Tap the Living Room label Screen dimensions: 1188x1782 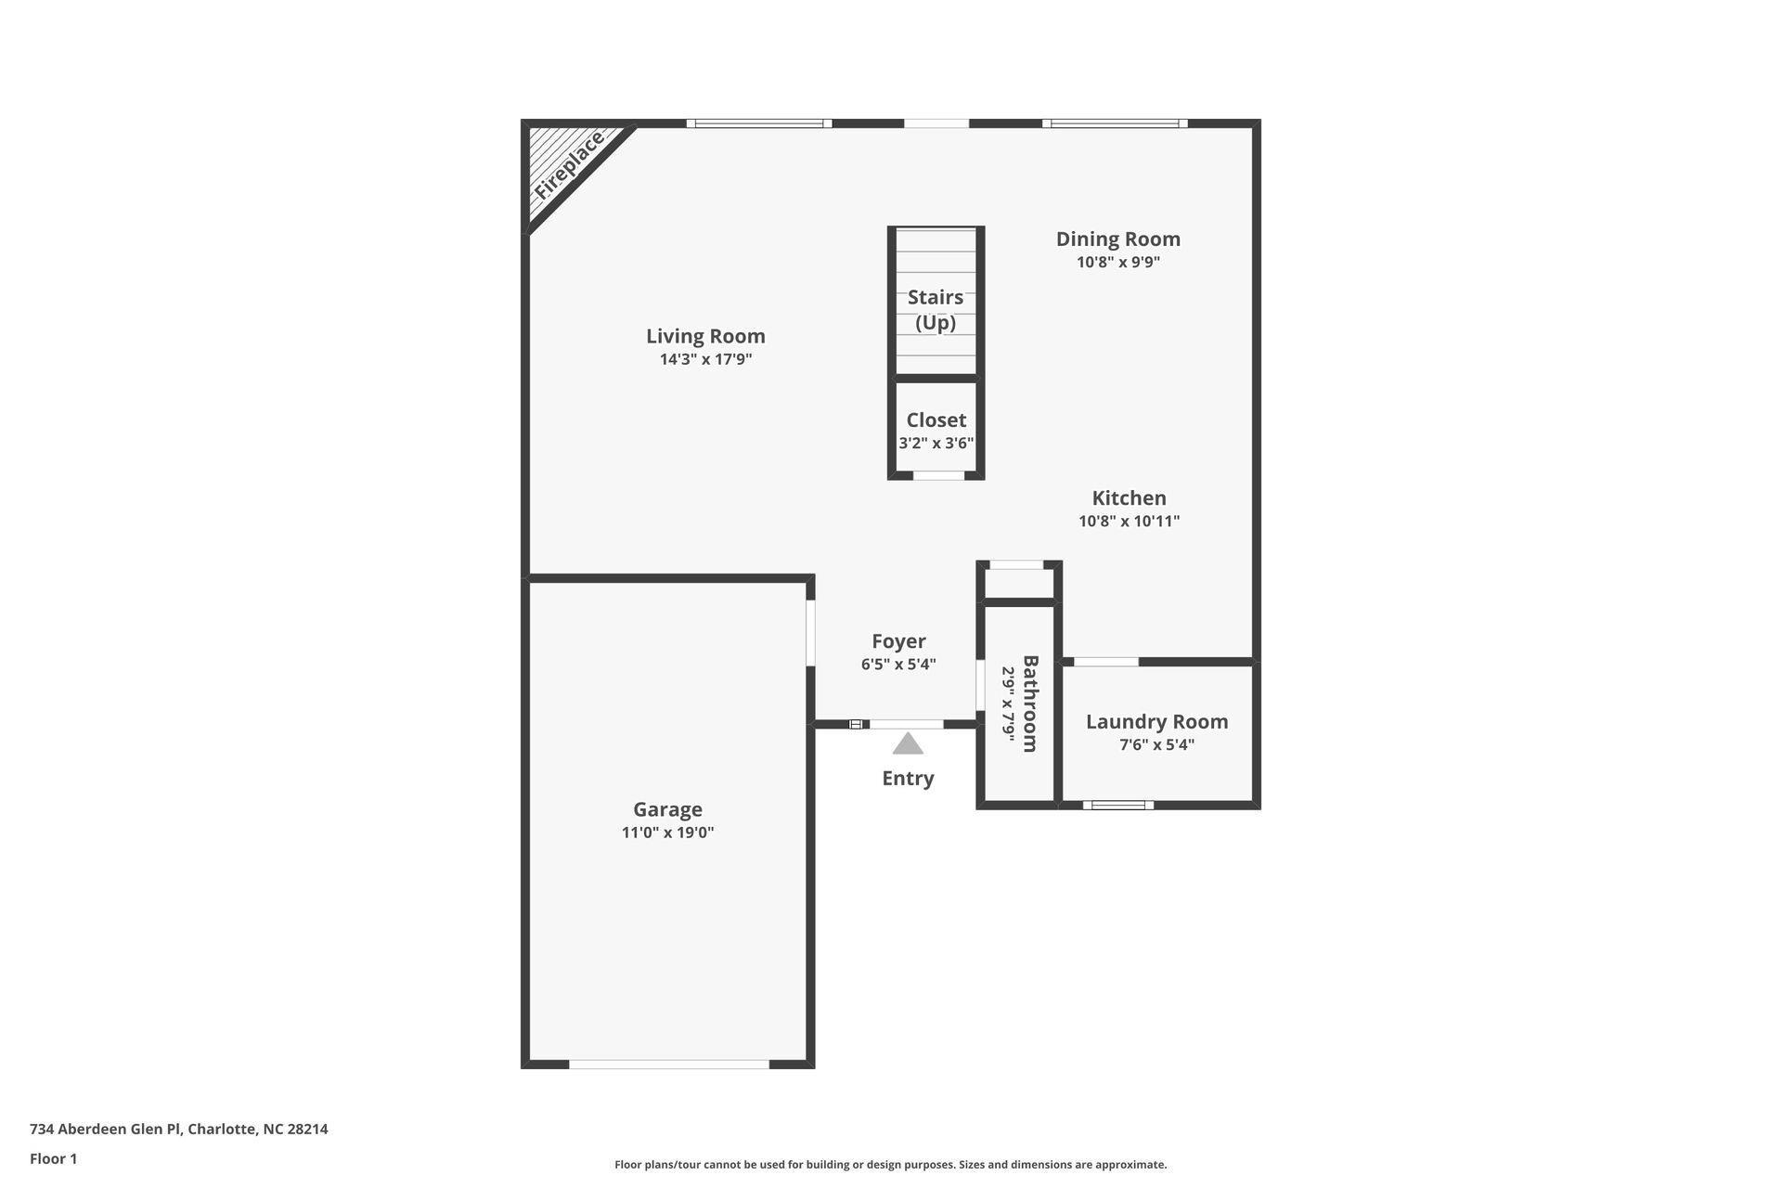[x=705, y=336]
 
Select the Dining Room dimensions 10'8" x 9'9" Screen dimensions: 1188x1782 [x=1118, y=263]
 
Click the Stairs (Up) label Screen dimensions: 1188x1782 [x=936, y=310]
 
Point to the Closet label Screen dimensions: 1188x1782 [x=936, y=420]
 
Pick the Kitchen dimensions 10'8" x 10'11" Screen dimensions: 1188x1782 [x=1129, y=522]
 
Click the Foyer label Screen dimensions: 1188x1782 [x=898, y=641]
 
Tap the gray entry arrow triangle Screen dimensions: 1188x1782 [x=908, y=743]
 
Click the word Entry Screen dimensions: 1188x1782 [x=908, y=779]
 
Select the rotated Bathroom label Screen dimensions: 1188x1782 [x=1029, y=704]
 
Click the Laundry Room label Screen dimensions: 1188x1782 [x=1156, y=722]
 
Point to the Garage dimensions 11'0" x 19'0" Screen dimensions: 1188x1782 [x=667, y=833]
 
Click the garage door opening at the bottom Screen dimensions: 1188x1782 [x=669, y=1065]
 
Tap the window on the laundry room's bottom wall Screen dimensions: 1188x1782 [x=1118, y=805]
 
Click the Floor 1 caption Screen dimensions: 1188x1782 [x=53, y=1159]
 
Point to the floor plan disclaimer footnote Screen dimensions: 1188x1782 [x=890, y=1165]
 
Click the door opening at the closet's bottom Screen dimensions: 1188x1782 [x=938, y=475]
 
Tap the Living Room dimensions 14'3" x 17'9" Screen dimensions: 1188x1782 [x=705, y=360]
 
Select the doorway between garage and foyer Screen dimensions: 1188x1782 [x=810, y=633]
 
